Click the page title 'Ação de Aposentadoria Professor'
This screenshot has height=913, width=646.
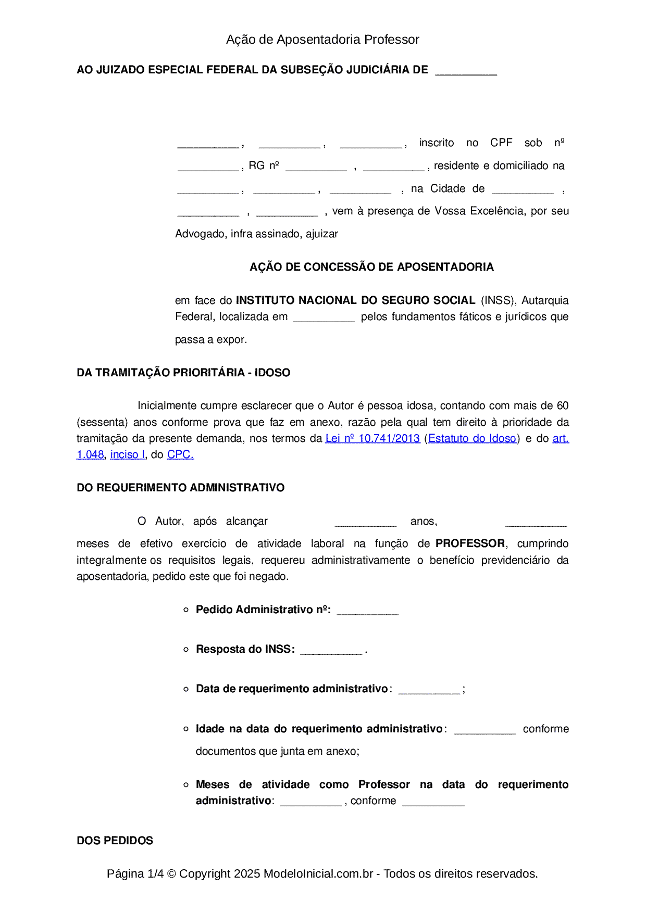(x=322, y=40)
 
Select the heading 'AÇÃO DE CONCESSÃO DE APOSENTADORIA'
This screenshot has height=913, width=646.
(x=371, y=267)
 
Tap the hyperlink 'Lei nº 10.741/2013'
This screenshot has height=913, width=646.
(x=372, y=438)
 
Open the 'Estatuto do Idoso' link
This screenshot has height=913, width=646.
(x=472, y=438)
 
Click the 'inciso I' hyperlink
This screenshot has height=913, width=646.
(x=128, y=454)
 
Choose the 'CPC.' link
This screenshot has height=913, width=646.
(x=180, y=454)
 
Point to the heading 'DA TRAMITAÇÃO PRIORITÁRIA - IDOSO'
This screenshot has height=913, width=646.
(x=183, y=373)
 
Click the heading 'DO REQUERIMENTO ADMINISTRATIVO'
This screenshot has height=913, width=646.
(x=180, y=488)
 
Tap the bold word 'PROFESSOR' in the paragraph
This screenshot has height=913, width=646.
(x=470, y=543)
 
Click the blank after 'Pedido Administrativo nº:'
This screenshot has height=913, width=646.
(x=367, y=611)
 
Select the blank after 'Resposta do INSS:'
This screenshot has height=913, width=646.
(x=331, y=651)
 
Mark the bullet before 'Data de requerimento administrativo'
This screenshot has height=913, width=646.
(x=186, y=689)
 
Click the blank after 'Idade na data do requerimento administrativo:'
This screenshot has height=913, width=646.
(x=484, y=730)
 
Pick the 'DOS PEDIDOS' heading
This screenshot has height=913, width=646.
(x=115, y=841)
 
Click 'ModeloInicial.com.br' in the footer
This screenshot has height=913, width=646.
(x=318, y=873)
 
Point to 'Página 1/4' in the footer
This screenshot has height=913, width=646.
(x=135, y=873)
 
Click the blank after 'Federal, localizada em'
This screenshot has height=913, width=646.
(x=324, y=318)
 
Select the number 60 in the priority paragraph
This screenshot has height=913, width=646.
(x=563, y=405)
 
